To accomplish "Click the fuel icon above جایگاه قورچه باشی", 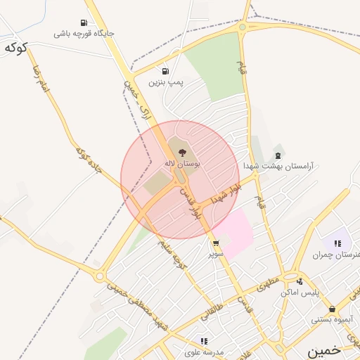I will click(84, 22).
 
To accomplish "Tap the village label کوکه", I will click(15, 48).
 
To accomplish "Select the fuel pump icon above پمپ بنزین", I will click(165, 71).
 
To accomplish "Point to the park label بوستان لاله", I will click(182, 163).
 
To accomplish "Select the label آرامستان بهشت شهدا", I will click(278, 166).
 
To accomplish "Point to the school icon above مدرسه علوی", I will click(205, 340).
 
